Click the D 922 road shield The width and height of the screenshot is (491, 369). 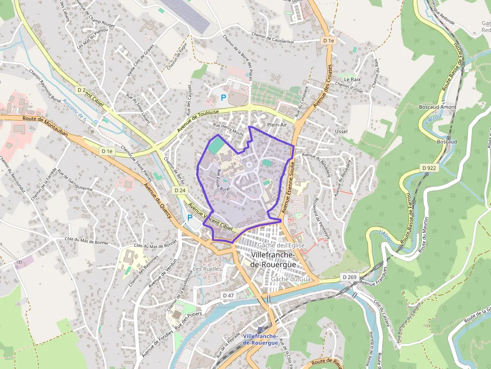(430, 168)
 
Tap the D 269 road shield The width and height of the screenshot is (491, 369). (349, 277)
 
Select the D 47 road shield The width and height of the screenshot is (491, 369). (228, 295)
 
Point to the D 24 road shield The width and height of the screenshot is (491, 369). (180, 191)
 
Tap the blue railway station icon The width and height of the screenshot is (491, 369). (260, 329)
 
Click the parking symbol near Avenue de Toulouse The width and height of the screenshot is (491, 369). (223, 97)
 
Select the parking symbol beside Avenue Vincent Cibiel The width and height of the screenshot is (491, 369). (189, 218)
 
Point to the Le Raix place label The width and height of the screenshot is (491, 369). (352, 79)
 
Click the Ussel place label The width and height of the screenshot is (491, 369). (341, 131)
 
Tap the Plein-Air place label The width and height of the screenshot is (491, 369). (277, 125)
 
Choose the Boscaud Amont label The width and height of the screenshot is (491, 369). (437, 107)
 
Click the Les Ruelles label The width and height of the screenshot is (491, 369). (207, 268)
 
